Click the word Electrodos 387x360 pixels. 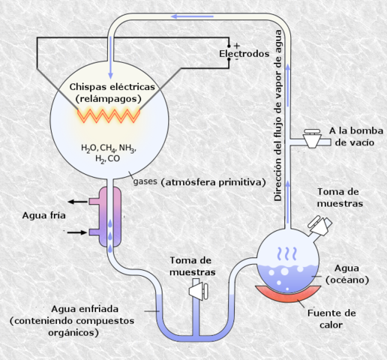[244, 54]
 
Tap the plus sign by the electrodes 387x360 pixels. [237, 46]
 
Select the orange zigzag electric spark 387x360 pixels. [109, 115]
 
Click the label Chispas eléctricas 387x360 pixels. [112, 87]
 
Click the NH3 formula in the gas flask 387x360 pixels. [127, 148]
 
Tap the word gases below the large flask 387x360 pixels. [145, 181]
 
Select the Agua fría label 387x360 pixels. [44, 215]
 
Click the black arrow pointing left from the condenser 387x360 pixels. [78, 202]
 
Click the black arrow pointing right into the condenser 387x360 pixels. [77, 232]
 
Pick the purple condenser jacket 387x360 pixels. [110, 217]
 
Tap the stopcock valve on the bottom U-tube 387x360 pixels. [199, 291]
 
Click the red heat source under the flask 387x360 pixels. [288, 294]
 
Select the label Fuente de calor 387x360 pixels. [331, 319]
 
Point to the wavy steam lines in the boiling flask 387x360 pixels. [287, 254]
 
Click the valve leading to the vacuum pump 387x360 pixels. [312, 139]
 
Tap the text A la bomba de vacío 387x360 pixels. [356, 136]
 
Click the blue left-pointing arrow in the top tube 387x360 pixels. [192, 16]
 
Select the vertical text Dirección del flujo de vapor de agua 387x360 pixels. [278, 115]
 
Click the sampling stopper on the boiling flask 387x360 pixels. [320, 226]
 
